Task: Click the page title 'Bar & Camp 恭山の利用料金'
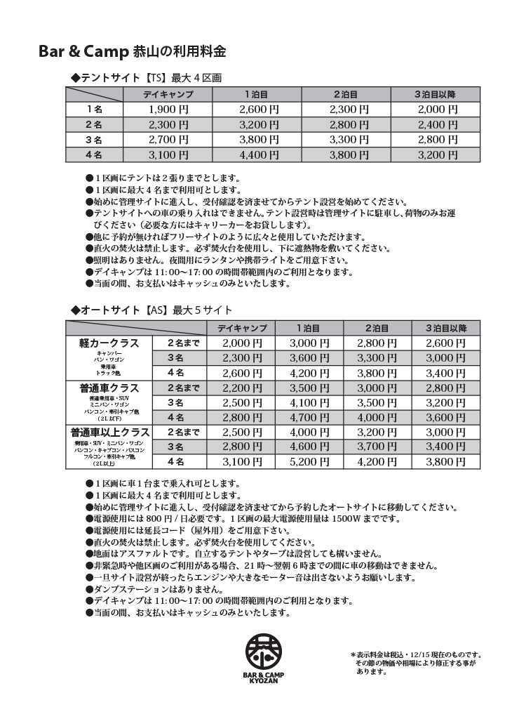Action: [x=132, y=51]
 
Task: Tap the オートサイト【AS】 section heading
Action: [x=151, y=310]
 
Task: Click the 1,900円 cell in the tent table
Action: [x=168, y=109]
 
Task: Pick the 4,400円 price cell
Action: [x=259, y=155]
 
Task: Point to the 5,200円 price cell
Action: [x=309, y=461]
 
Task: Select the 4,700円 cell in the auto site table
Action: [x=309, y=417]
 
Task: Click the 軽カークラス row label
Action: [x=109, y=343]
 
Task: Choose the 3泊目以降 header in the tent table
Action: [x=435, y=94]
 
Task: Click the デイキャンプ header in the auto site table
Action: [x=242, y=328]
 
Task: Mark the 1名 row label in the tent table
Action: [x=94, y=109]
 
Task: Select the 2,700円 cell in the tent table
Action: [x=168, y=140]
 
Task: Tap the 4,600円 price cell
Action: [x=309, y=447]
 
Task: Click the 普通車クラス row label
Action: [x=109, y=388]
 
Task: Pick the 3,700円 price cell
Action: [x=377, y=447]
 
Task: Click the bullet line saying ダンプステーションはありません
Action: [x=154, y=589]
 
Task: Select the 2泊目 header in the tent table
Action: [x=346, y=94]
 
